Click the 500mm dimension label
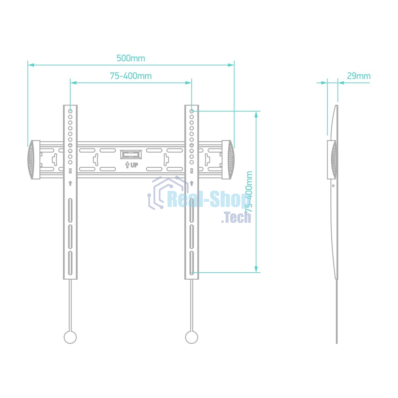(x=131, y=58)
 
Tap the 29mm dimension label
(x=359, y=76)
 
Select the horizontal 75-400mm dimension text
(x=131, y=76)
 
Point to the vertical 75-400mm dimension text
(x=249, y=192)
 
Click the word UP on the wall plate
(x=134, y=165)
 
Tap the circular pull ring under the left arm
(x=70, y=337)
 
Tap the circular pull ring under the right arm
(x=191, y=337)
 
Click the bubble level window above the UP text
(x=131, y=155)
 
